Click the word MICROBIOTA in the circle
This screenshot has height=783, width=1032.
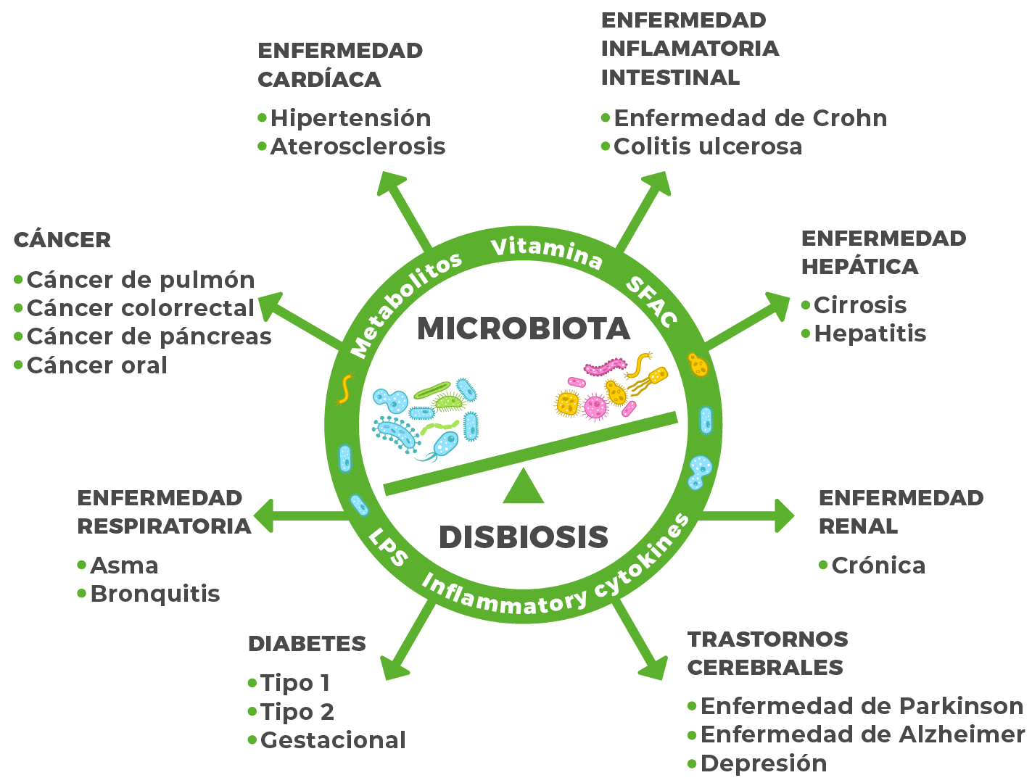[524, 328]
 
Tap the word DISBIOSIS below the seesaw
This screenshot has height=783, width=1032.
[523, 537]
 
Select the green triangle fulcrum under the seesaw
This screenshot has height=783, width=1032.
[523, 488]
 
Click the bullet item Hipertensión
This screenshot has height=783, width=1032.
[350, 118]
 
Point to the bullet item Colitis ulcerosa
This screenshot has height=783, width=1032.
[707, 146]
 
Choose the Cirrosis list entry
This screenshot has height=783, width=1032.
[859, 305]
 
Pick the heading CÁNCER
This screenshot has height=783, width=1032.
[62, 240]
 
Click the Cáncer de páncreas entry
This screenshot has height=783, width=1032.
[149, 336]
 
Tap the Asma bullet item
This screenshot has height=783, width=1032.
[124, 565]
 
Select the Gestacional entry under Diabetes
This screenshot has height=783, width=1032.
[333, 740]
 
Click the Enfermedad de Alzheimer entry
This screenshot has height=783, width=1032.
[862, 734]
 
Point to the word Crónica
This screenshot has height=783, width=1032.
[878, 565]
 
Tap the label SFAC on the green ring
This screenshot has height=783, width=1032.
[651, 301]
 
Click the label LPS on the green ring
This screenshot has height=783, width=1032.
[388, 547]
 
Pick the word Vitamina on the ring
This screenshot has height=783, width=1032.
[547, 251]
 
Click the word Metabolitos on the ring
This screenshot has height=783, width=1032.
[406, 304]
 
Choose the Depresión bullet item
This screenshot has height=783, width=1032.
[763, 763]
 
